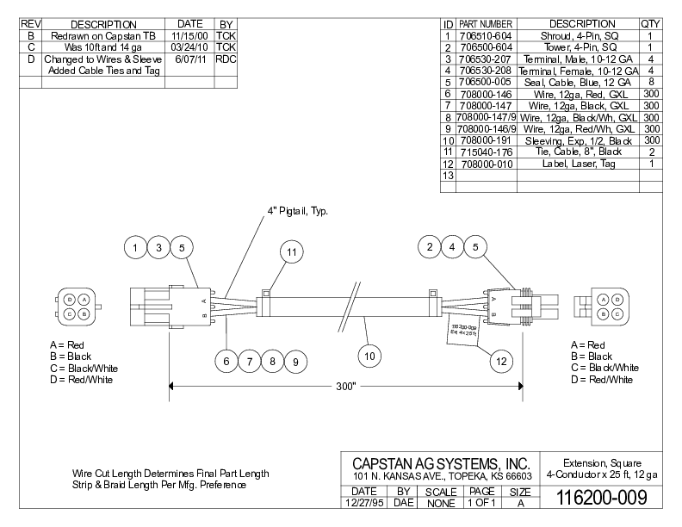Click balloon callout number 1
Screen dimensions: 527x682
[135, 248]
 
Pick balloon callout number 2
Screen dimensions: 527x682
[429, 248]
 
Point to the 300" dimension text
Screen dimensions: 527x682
[346, 387]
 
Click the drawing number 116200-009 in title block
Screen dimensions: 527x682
[600, 498]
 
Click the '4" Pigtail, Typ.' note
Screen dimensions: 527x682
[298, 210]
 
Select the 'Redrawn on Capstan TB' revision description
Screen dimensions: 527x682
[103, 35]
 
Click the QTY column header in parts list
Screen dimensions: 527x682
[651, 23]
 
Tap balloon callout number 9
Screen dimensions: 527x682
[294, 363]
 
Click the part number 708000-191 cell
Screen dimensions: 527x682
[486, 139]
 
